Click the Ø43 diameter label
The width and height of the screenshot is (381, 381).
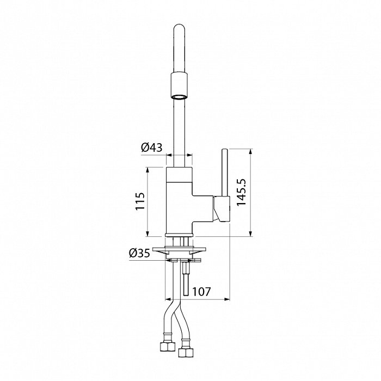pos(152,148)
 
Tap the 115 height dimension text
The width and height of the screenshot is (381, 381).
pos(140,201)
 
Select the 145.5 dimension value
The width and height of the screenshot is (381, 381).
pos(241,193)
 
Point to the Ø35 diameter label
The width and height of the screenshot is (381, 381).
pos(139,254)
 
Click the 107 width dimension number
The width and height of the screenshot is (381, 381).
pos(201,291)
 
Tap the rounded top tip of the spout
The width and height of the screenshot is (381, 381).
pos(179,25)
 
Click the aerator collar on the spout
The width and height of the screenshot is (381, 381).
pos(179,85)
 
